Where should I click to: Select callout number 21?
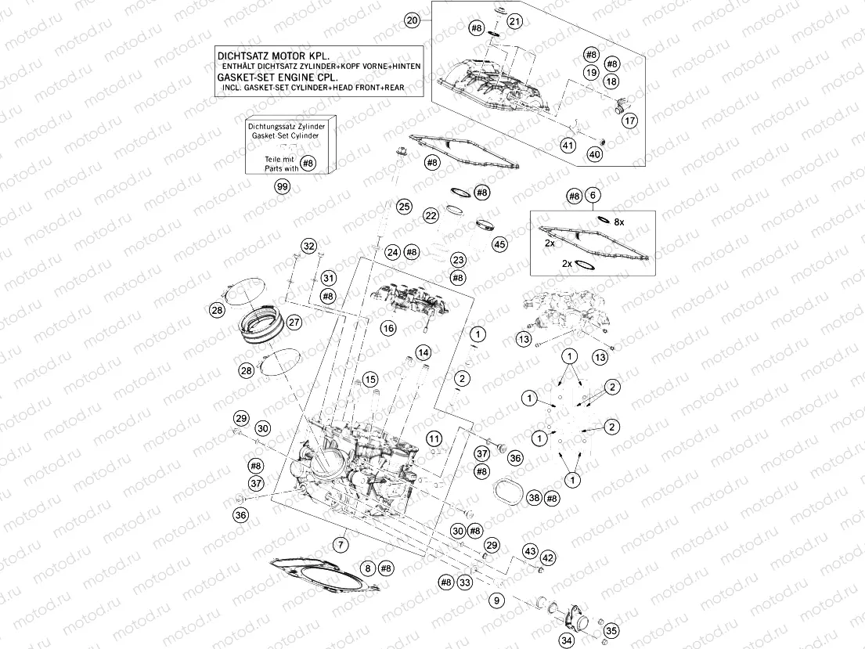(514, 21)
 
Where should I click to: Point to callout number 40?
(595, 155)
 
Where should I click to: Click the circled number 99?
(282, 186)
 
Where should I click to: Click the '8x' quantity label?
(618, 222)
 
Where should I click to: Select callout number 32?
(309, 247)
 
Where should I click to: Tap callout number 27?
(294, 322)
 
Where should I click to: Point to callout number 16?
(388, 329)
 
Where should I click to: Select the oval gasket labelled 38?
(509, 495)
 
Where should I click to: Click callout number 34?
(566, 640)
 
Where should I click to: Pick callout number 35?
(611, 629)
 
